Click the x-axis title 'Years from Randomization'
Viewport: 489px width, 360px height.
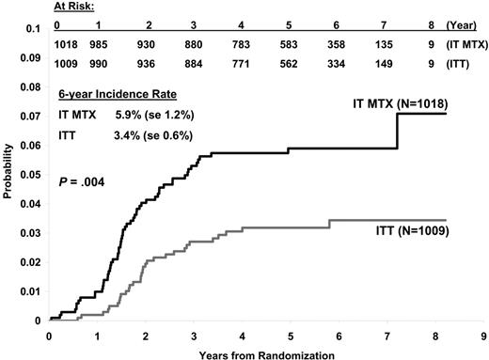pos(267,353)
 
